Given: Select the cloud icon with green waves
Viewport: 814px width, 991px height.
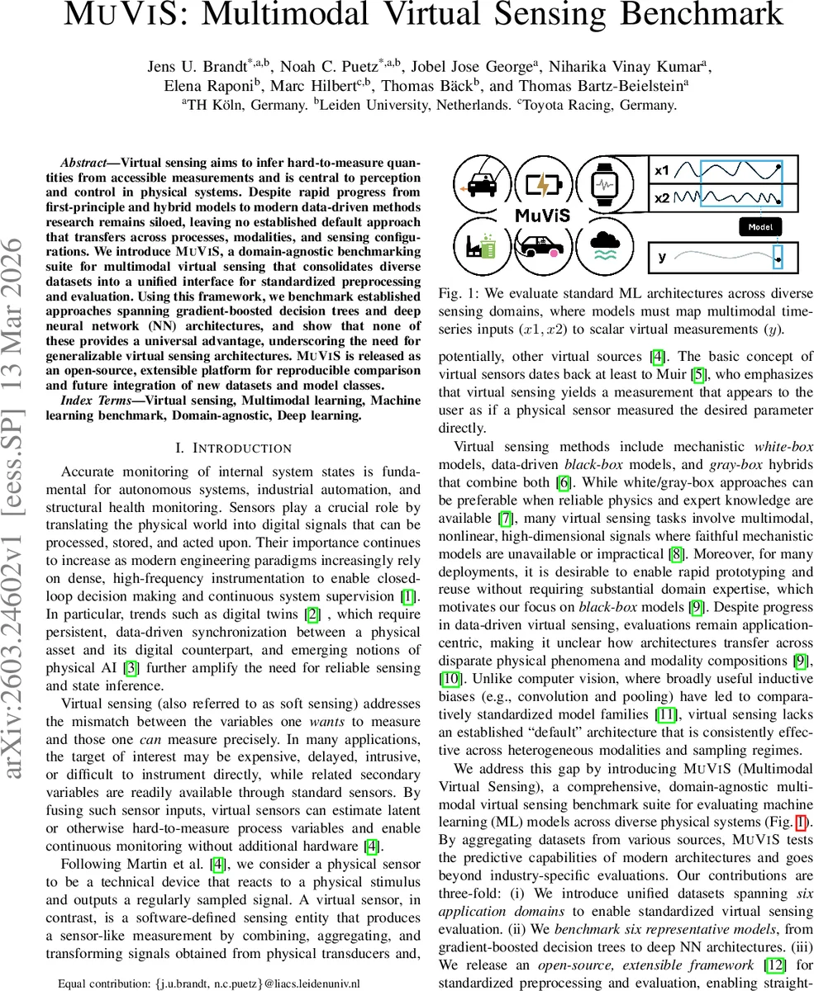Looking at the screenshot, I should (606, 245).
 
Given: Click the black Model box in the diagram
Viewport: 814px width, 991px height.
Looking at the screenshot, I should (760, 225).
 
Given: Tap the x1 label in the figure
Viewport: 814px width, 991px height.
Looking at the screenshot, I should (662, 171).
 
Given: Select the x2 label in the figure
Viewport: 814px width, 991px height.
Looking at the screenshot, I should (662, 199).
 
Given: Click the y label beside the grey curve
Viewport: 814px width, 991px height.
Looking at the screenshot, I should (662, 257).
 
